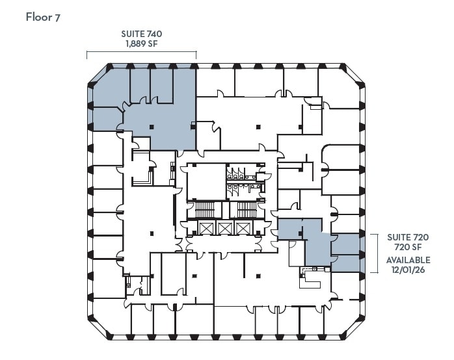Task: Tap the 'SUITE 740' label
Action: [141, 34]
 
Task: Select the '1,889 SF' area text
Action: [141, 44]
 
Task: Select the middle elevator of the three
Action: [224, 228]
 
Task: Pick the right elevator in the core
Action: [243, 228]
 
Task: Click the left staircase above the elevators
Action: [205, 210]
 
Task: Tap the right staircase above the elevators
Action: [245, 210]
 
